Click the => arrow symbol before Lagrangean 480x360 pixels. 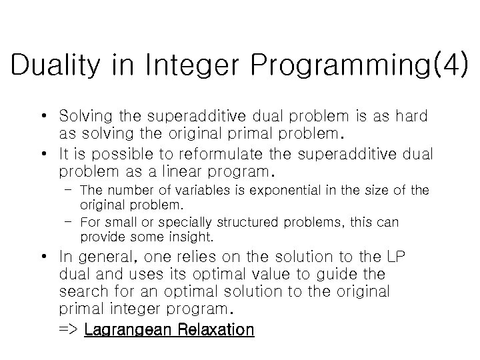[x=69, y=329]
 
